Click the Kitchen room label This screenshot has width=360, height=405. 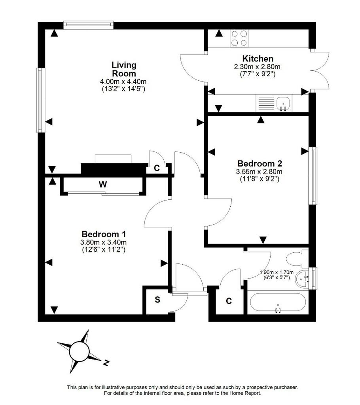(258, 59)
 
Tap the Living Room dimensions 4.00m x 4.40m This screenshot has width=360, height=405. (123, 81)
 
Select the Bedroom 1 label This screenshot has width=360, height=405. (104, 234)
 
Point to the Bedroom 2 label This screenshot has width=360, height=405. (260, 163)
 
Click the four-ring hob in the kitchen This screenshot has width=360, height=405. (239, 38)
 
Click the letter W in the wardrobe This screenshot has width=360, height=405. (103, 184)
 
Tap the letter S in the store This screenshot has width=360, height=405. (157, 300)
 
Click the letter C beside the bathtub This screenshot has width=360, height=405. (229, 301)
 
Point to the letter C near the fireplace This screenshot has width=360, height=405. (157, 168)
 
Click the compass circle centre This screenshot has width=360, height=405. (80, 351)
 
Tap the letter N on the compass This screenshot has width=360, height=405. (106, 363)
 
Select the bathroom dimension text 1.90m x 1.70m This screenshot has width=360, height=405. (277, 272)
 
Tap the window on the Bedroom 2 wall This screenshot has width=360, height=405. (313, 176)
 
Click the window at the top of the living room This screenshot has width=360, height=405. (88, 24)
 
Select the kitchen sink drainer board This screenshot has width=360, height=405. (266, 103)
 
